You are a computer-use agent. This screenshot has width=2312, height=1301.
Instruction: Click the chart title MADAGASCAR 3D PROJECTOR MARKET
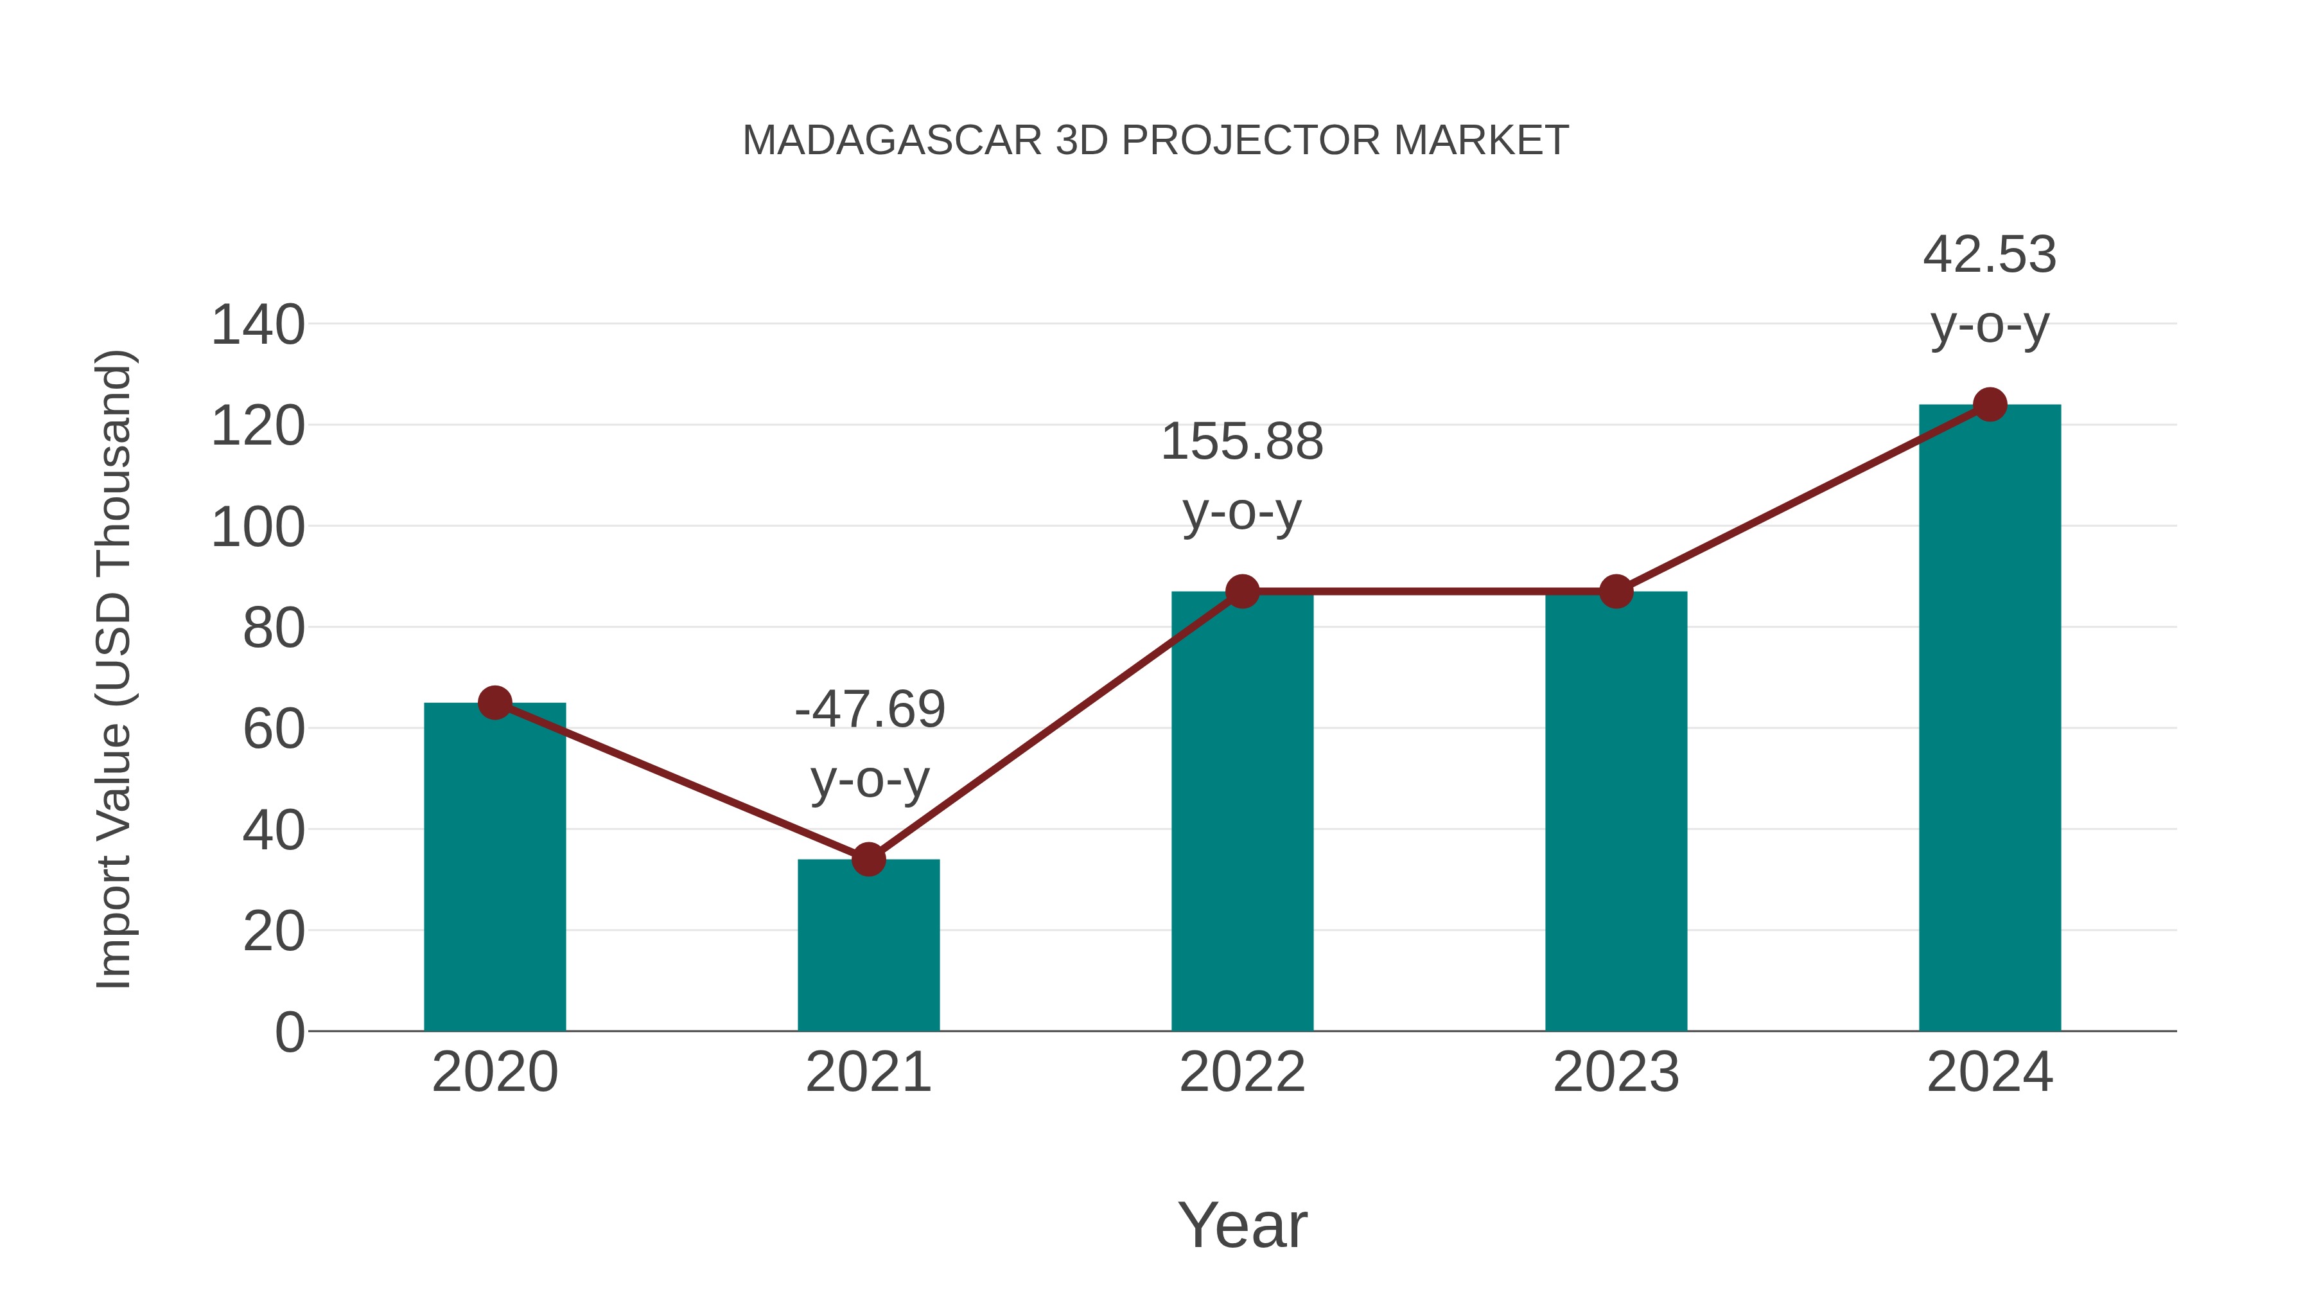(x=1155, y=141)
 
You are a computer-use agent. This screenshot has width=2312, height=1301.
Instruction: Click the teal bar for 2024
(x=1990, y=718)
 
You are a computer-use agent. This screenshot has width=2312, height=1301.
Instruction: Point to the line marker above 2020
(x=495, y=703)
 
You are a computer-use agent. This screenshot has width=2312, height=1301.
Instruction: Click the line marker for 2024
(x=1990, y=405)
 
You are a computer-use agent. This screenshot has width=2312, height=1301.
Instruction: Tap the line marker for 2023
(x=1616, y=592)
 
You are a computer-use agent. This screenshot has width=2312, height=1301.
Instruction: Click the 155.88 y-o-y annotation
(x=1242, y=477)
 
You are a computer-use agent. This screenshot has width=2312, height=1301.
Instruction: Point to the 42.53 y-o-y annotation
(x=1990, y=289)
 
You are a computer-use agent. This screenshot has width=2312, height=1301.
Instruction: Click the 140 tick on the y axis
(x=258, y=325)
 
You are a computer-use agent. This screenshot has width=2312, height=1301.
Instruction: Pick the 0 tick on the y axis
(x=289, y=1032)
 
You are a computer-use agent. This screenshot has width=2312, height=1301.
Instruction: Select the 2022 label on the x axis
(x=1242, y=1072)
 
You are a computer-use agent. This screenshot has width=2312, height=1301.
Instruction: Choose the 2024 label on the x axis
(x=1990, y=1072)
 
